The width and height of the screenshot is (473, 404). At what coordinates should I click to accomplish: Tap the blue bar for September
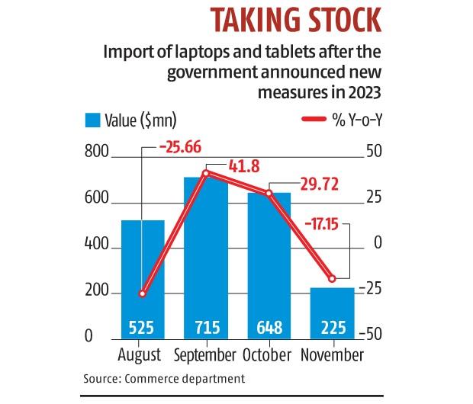coord(206,252)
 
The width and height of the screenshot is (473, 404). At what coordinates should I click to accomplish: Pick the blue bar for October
coord(269,259)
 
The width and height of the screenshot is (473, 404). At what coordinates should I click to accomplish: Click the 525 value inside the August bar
coord(142,329)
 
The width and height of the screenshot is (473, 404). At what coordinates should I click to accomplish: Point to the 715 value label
coord(206,329)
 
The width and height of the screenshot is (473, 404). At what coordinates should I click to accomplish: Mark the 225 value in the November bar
coord(333,329)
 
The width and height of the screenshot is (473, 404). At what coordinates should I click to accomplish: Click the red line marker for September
coord(206,174)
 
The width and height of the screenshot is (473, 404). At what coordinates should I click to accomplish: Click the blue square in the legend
coord(92,120)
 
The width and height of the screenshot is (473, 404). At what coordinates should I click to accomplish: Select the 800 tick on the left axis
coord(96,154)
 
